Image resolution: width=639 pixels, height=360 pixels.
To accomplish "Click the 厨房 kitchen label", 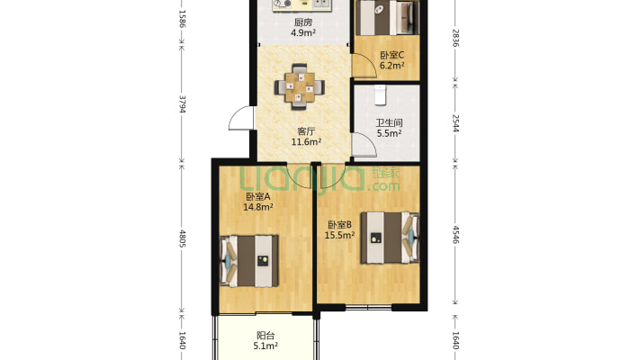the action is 303,22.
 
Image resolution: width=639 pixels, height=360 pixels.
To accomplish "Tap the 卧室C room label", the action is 391,55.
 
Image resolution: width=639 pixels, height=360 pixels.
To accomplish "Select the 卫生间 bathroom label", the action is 389,122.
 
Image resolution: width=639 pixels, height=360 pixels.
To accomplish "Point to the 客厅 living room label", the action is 306,131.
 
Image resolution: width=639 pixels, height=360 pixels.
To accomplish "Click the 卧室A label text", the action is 258,196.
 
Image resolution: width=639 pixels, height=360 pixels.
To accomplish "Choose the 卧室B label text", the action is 339,225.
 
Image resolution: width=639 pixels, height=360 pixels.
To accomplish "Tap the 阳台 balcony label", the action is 265,336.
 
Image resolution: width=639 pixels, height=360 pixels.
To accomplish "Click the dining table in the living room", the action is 300,86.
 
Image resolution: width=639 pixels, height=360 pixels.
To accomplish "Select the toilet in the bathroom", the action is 380,94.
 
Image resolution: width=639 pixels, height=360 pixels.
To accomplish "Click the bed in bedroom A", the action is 249,261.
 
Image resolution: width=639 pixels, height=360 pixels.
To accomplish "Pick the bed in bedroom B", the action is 390,238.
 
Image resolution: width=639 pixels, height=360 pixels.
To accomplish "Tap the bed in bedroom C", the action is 387,17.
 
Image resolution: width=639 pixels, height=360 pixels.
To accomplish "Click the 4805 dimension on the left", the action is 182,238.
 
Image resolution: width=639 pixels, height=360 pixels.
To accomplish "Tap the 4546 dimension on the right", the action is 455,234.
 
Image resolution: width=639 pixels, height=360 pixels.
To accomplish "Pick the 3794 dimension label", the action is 182,104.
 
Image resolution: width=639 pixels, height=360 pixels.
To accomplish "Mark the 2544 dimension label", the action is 455,123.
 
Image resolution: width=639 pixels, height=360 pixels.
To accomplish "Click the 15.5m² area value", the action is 339,235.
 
